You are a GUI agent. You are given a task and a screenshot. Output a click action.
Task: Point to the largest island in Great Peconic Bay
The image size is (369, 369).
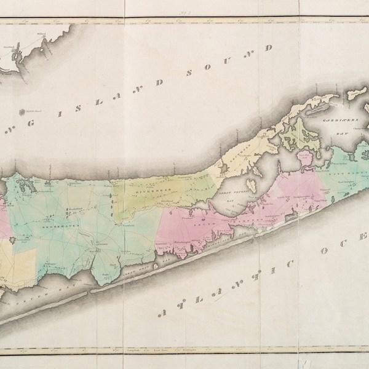pyautogui.click(x=251, y=183)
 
